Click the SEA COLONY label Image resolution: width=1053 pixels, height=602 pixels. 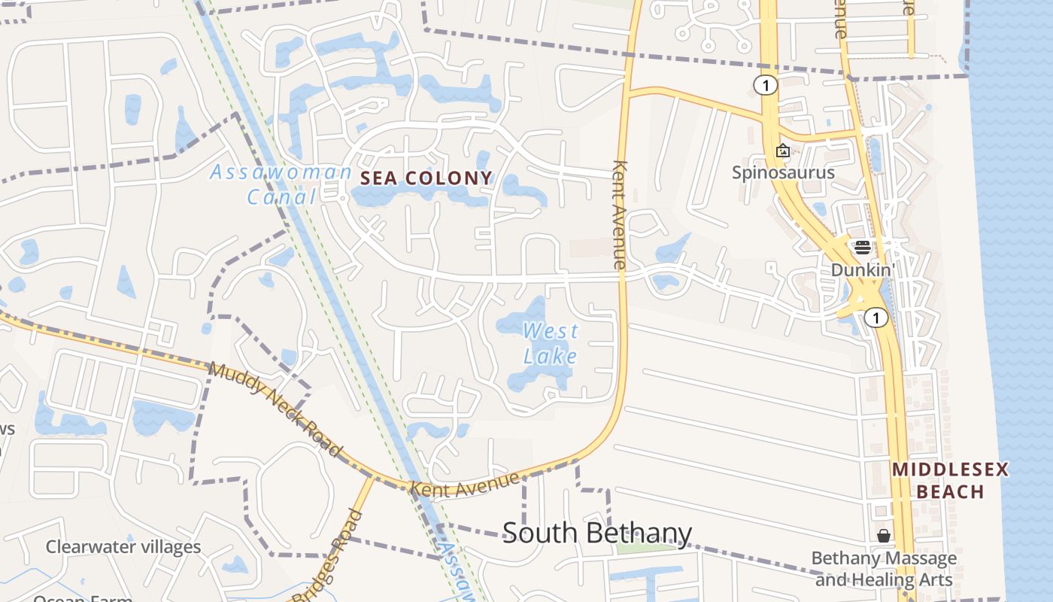[x=426, y=178]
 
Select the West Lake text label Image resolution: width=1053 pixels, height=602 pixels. [x=551, y=342]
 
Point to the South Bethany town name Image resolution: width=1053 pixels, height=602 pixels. [x=596, y=533]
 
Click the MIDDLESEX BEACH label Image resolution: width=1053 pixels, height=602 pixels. [x=950, y=481]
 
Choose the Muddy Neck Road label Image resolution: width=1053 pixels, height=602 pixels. [x=275, y=409]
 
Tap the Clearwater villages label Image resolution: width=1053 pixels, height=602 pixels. [x=123, y=546]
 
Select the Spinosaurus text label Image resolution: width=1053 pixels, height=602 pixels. [x=783, y=172]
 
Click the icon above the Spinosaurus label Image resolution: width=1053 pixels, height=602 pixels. [x=783, y=150]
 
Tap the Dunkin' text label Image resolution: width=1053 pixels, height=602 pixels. [x=861, y=269]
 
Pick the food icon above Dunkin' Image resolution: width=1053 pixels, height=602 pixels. [x=862, y=247]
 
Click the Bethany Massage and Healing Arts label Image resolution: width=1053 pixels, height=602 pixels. [x=884, y=569]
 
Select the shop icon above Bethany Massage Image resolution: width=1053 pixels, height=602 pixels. [x=884, y=536]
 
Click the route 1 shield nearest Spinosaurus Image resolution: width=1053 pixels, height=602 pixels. [x=765, y=85]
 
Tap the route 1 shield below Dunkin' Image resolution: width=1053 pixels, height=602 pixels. [x=875, y=318]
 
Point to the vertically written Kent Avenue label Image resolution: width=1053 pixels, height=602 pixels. [x=620, y=214]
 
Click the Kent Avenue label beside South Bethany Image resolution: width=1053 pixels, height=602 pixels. [x=464, y=483]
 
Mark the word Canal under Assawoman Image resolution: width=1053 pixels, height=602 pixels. [x=282, y=197]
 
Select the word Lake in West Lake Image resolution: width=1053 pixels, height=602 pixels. [x=553, y=355]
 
